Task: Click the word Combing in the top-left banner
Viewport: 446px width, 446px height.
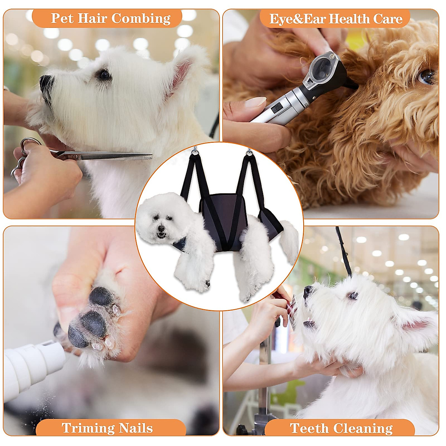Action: click(141, 18)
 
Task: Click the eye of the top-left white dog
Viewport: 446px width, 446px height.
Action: click(104, 75)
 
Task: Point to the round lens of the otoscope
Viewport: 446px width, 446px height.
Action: click(321, 67)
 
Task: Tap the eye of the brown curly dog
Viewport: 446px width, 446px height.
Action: click(427, 77)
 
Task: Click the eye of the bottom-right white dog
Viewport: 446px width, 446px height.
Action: click(353, 296)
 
